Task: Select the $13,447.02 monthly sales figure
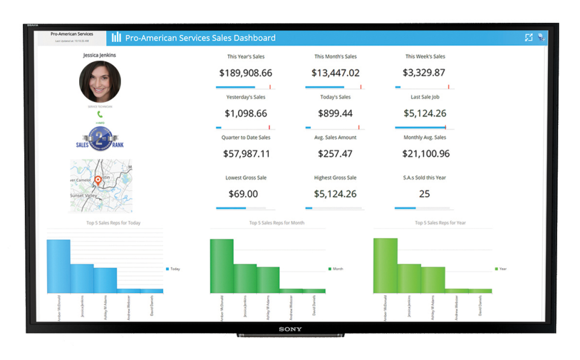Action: (x=335, y=73)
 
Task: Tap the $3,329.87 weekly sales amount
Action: (x=424, y=73)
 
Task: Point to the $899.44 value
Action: (x=335, y=114)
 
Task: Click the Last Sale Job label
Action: (x=424, y=97)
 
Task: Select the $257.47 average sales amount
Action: (x=335, y=154)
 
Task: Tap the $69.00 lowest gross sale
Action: (x=243, y=194)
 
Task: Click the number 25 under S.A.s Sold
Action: (x=424, y=194)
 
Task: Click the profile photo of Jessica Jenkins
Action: (x=100, y=82)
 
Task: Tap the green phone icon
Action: (x=100, y=114)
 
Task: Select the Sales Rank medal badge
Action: (x=100, y=138)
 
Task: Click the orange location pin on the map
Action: (x=98, y=180)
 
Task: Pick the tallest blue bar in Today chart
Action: (x=59, y=266)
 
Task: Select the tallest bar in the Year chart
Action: (x=385, y=265)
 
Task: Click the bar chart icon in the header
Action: (x=117, y=37)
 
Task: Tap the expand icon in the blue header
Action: (x=529, y=37)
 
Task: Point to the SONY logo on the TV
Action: (x=291, y=329)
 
